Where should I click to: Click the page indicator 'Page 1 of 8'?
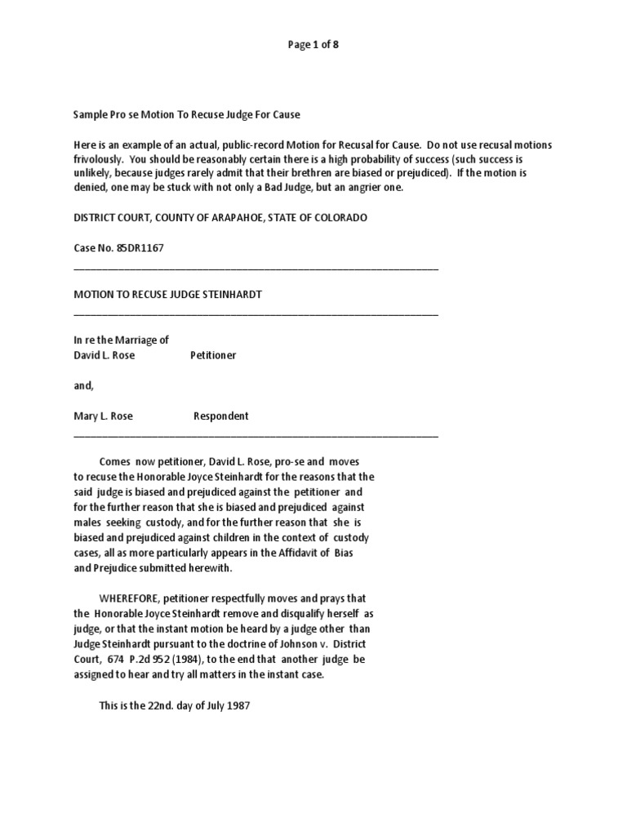click(313, 45)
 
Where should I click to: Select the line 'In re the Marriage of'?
click(121, 340)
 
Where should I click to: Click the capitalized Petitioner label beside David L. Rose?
click(213, 355)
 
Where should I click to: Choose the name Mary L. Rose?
click(103, 416)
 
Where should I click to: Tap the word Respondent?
click(220, 416)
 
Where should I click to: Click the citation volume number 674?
click(118, 658)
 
